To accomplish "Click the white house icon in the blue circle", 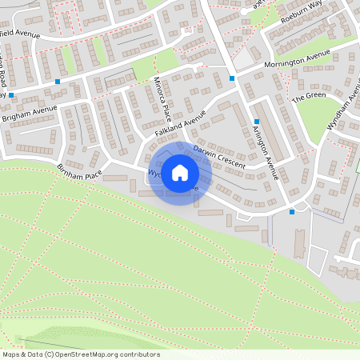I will (180, 173).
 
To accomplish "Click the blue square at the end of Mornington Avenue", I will (232, 78).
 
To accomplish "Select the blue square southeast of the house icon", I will (292, 212).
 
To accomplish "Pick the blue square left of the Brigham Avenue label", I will (11, 94).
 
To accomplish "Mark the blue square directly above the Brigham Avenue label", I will (58, 82).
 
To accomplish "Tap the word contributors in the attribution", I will (139, 354).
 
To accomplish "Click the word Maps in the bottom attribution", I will (11, 354).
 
